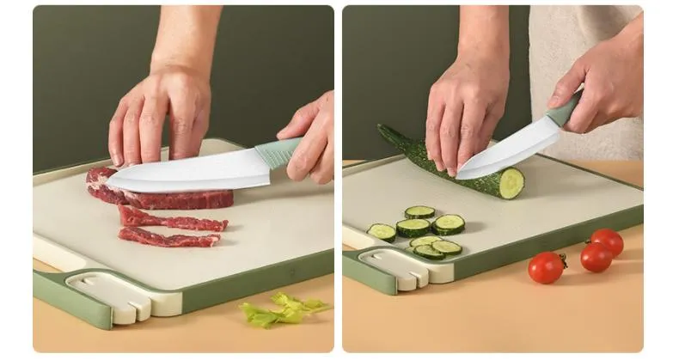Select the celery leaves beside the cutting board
point(280,309)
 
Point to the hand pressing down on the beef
point(159,116)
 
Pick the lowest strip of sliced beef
point(168,237)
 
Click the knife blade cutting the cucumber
point(507,155)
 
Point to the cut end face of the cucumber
point(511,182)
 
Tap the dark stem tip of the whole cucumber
point(383,131)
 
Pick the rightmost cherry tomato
point(607,241)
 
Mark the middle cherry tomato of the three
point(596,257)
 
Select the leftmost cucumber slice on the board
point(381,232)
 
